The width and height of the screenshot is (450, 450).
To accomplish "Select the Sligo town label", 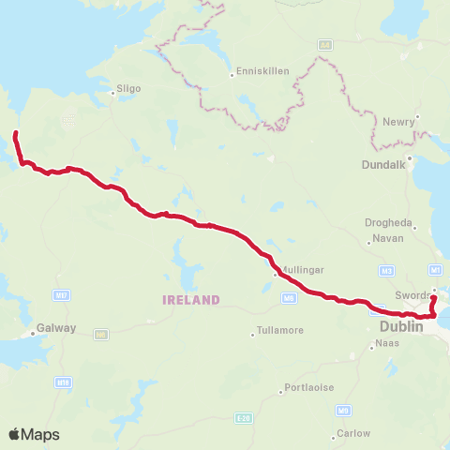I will [127, 90].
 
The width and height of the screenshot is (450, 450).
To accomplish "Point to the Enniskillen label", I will [263, 71].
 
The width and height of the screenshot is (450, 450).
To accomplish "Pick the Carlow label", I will [354, 433].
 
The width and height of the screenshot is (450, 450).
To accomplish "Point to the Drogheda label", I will [388, 223].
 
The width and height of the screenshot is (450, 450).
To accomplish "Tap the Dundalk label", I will [381, 165].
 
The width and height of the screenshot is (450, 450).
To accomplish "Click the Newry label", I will [399, 121].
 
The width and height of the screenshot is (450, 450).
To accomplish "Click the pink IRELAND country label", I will [191, 300].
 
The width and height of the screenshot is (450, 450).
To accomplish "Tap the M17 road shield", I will [62, 295].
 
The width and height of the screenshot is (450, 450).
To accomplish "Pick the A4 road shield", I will [324, 44].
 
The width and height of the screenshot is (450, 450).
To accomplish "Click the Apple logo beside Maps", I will [15, 434].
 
